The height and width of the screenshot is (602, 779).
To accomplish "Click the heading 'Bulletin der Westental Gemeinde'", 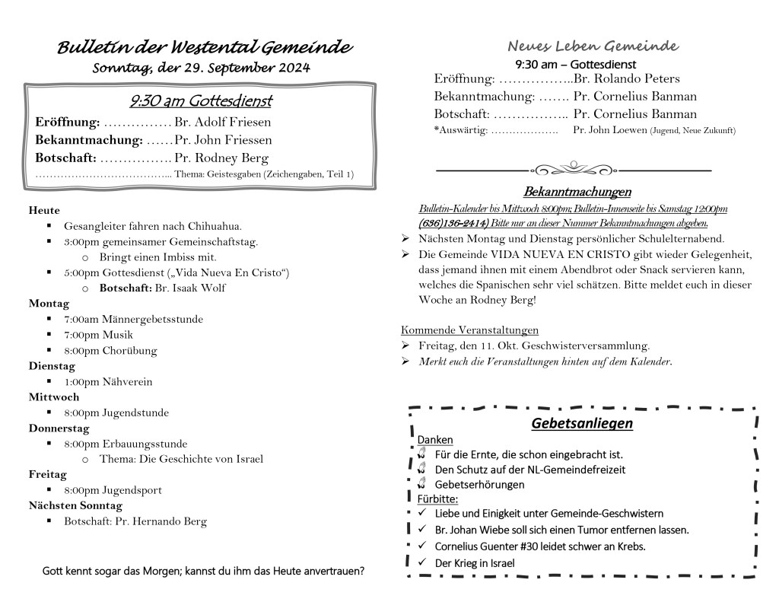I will pyautogui.click(x=205, y=48).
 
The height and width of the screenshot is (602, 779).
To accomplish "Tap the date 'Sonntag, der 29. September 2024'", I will pyautogui.click(x=201, y=68).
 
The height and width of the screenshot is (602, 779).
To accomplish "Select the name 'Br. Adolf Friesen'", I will pyautogui.click(x=222, y=122).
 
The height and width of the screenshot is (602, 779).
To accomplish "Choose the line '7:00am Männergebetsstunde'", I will pyautogui.click(x=133, y=320).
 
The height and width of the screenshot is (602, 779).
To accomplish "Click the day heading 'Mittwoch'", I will pyautogui.click(x=54, y=397).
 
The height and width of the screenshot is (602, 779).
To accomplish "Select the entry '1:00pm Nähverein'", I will pyautogui.click(x=108, y=382).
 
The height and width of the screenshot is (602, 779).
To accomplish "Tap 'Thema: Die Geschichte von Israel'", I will pyautogui.click(x=181, y=459).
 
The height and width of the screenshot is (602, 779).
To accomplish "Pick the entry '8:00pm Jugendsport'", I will pyautogui.click(x=113, y=490).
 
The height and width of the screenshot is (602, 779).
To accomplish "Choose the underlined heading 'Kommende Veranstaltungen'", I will pyautogui.click(x=469, y=330).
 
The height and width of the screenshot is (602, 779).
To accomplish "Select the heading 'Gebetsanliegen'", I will pyautogui.click(x=582, y=423).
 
